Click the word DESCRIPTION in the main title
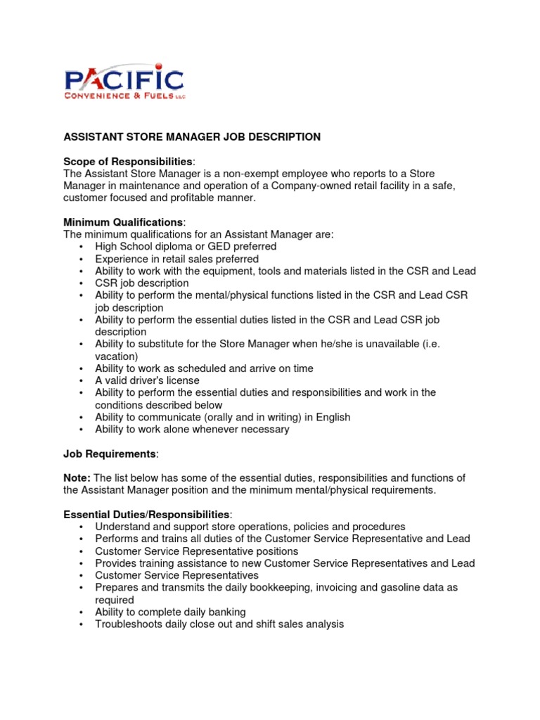(285, 137)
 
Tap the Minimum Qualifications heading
(124, 222)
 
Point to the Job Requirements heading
(110, 454)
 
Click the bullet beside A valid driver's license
(82, 380)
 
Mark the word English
(333, 417)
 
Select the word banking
(224, 612)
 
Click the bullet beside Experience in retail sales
(82, 259)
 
